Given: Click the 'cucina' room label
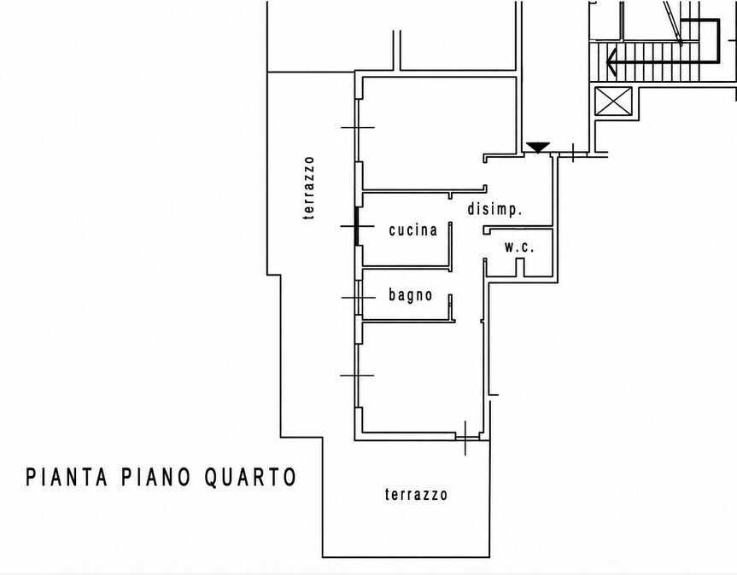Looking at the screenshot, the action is pos(413,230).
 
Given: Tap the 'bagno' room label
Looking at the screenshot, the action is pos(410,295).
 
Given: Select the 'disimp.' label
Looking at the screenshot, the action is pos(494,209).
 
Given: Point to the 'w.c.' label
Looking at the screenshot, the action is pos(519,247).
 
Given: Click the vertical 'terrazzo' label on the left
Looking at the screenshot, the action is pos(308,188).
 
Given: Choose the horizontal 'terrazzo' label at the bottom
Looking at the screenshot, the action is pos(416,495).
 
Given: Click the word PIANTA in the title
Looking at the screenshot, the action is pos(67,477).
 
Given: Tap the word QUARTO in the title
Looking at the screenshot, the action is pos(250,477).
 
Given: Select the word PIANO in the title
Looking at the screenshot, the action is pos(155,477).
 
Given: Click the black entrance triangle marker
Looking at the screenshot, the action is pos(538,147).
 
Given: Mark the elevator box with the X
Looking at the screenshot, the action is pos(613,101).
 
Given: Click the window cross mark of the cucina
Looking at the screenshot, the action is pos(357,226).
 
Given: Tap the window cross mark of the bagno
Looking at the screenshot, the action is pos(359,298).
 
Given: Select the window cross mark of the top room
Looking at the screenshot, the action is pos(358,127).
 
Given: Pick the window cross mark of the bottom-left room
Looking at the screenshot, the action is pos(357,375).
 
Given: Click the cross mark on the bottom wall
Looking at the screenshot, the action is pos(465,439).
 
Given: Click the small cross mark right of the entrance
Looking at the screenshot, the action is pos(573,153).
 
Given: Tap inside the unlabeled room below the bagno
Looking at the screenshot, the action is pos(421,378).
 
